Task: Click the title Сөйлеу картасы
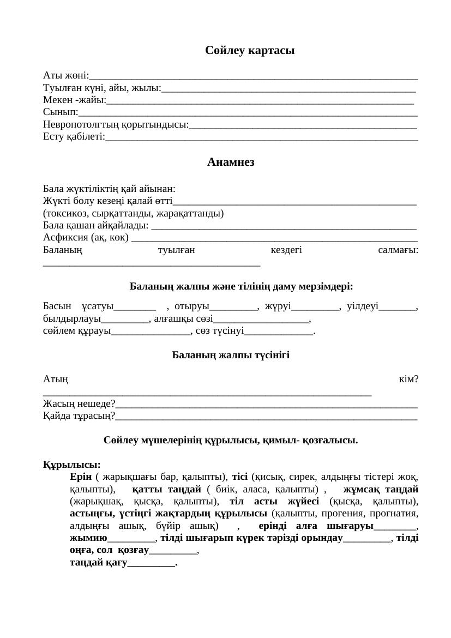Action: click(x=250, y=51)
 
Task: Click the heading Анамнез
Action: click(x=231, y=162)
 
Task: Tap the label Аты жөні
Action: click(x=65, y=76)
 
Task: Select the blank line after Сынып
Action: click(x=248, y=113)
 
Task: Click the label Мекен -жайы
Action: click(x=74, y=100)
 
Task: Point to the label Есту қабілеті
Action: click(x=73, y=137)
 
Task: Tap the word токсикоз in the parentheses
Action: click(x=67, y=213)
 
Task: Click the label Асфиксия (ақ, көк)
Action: click(x=86, y=238)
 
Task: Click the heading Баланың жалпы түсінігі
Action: click(x=231, y=356)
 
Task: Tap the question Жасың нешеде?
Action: click(x=79, y=404)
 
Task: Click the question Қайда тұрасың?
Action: click(x=79, y=416)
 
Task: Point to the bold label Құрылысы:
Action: click(x=71, y=465)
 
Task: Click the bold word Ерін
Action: click(x=81, y=477)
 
